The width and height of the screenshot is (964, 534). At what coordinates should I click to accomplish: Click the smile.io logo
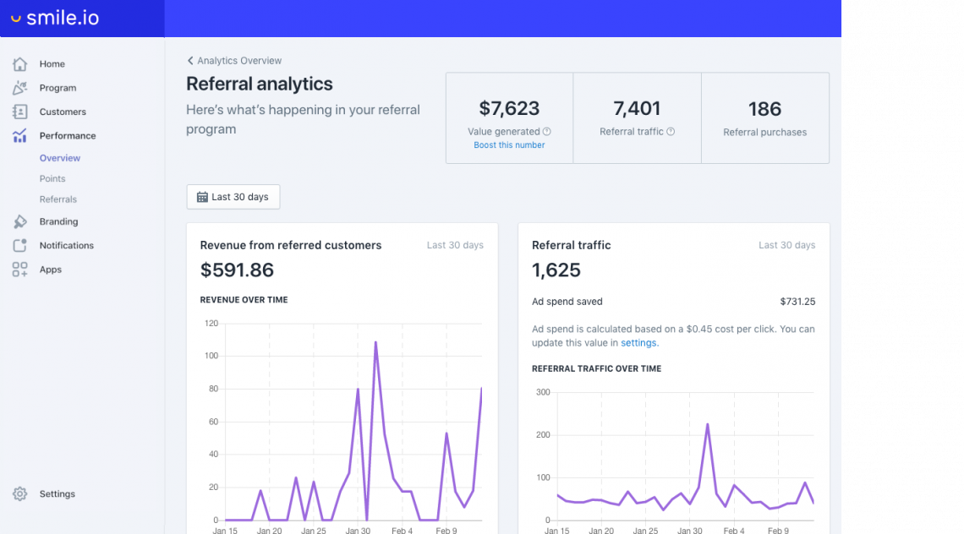pyautogui.click(x=55, y=18)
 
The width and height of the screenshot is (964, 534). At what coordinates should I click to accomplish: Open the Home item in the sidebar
pyautogui.click(x=52, y=64)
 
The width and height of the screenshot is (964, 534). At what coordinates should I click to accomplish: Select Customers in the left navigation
pyautogui.click(x=63, y=112)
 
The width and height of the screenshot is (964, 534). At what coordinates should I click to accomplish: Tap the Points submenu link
pyautogui.click(x=52, y=179)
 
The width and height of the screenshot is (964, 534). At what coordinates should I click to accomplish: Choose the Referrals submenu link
pyautogui.click(x=58, y=199)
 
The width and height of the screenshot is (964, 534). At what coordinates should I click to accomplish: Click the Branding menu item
pyautogui.click(x=58, y=221)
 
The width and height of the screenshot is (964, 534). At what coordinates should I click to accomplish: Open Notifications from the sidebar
pyautogui.click(x=66, y=246)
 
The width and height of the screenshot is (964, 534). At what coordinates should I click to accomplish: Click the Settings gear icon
pyautogui.click(x=20, y=494)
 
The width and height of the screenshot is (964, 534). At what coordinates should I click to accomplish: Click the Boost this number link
pyautogui.click(x=509, y=145)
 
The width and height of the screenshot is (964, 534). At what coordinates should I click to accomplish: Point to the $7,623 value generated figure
pyautogui.click(x=509, y=108)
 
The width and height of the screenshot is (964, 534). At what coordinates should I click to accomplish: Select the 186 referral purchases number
pyautogui.click(x=764, y=109)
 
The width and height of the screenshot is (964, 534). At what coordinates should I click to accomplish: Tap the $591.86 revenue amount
pyautogui.click(x=237, y=270)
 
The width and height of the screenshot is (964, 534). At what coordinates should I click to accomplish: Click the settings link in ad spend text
pyautogui.click(x=638, y=343)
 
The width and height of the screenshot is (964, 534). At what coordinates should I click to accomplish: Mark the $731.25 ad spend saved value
pyautogui.click(x=797, y=302)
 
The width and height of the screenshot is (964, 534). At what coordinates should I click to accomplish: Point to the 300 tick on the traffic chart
pyautogui.click(x=542, y=392)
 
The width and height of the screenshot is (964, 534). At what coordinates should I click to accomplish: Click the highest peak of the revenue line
pyautogui.click(x=375, y=342)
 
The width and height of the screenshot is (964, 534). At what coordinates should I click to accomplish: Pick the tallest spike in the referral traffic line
pyautogui.click(x=707, y=424)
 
